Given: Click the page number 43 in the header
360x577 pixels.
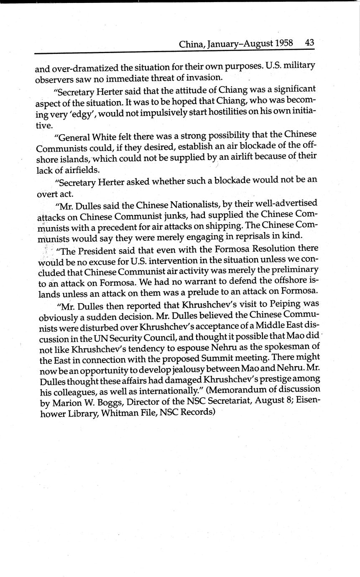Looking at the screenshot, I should [309, 43].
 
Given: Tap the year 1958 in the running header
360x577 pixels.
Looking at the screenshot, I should [284, 43].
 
